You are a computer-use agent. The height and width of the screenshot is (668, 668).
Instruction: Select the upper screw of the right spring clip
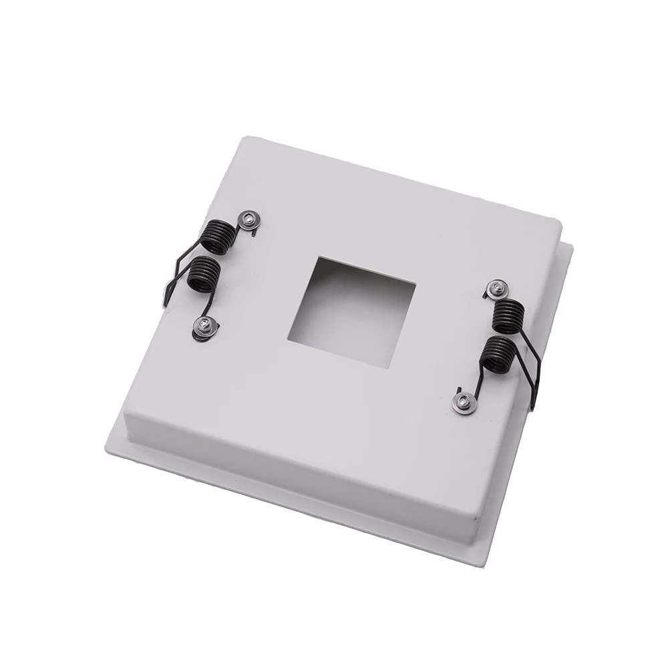pos(496,289)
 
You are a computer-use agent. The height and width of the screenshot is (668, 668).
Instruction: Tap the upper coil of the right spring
pos(508,314)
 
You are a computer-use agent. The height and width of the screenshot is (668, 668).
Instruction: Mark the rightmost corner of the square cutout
pos(416,285)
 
